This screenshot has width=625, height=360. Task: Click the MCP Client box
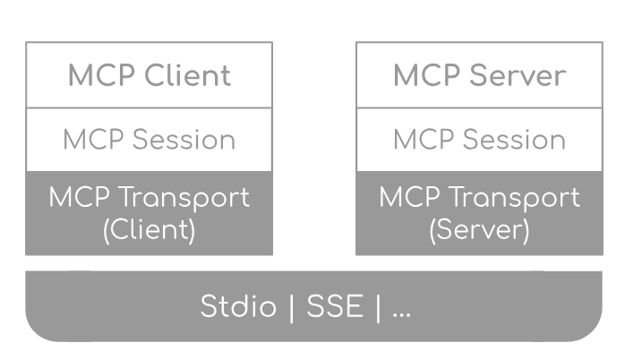click(x=149, y=75)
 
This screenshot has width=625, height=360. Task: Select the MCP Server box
click(x=479, y=75)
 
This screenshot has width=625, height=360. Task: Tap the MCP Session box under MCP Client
click(x=149, y=140)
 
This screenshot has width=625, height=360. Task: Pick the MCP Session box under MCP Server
click(x=479, y=140)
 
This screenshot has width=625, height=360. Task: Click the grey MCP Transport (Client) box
click(x=149, y=213)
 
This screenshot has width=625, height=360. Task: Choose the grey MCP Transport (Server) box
click(x=479, y=213)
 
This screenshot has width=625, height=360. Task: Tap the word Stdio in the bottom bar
click(x=240, y=307)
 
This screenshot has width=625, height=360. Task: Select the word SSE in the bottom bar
click(x=335, y=307)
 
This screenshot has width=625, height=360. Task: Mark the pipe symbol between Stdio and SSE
click(x=290, y=307)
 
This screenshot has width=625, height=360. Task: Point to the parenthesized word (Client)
click(x=149, y=229)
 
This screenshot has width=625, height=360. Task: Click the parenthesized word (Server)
click(x=479, y=229)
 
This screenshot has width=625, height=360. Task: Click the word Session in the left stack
click(x=184, y=140)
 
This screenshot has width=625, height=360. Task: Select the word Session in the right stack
click(x=514, y=140)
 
